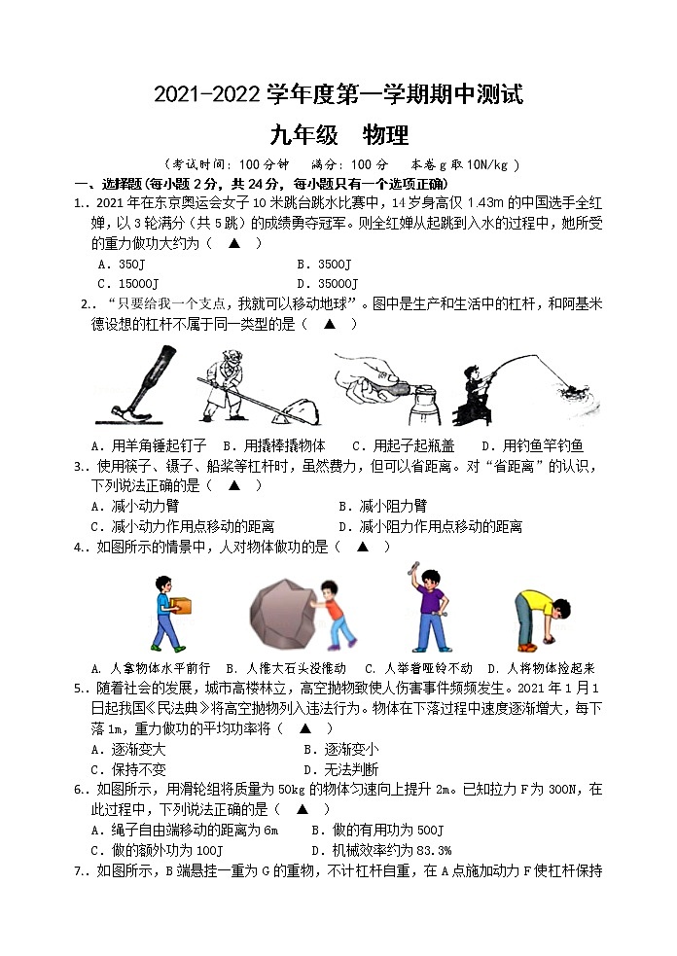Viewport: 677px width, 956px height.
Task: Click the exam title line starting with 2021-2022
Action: [x=338, y=95]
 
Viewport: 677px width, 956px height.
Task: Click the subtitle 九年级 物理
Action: [x=338, y=135]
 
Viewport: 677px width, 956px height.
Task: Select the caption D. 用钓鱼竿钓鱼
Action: [x=531, y=445]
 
